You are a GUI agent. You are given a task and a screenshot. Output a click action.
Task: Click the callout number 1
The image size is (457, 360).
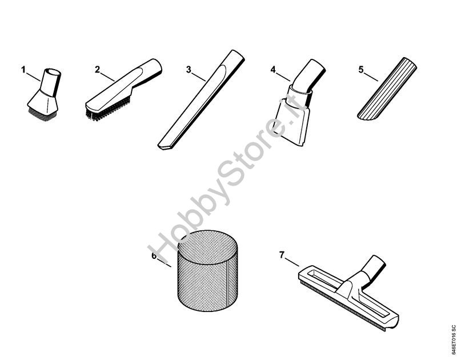[x=23, y=69]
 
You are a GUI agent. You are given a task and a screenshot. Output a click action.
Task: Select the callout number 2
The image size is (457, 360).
[x=97, y=69]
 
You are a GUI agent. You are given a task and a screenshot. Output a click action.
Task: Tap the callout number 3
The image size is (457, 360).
[x=189, y=70]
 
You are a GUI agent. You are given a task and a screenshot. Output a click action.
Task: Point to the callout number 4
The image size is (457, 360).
[x=273, y=70]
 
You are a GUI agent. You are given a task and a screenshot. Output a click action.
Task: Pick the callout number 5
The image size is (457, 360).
[x=361, y=70]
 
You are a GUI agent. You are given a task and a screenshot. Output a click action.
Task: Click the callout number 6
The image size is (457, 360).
[x=154, y=256]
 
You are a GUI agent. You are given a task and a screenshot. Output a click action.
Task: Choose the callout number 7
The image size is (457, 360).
[x=282, y=255]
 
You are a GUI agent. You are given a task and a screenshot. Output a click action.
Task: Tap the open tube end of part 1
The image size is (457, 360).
[x=53, y=72]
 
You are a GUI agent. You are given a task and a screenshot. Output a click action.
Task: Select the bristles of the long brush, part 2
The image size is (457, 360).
[x=108, y=107]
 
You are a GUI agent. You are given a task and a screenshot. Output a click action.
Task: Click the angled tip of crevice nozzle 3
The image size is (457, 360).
[x=165, y=147]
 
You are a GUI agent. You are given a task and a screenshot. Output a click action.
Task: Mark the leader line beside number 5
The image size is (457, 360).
[x=371, y=77]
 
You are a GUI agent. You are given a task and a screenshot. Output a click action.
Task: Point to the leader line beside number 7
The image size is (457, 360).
[x=292, y=262]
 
